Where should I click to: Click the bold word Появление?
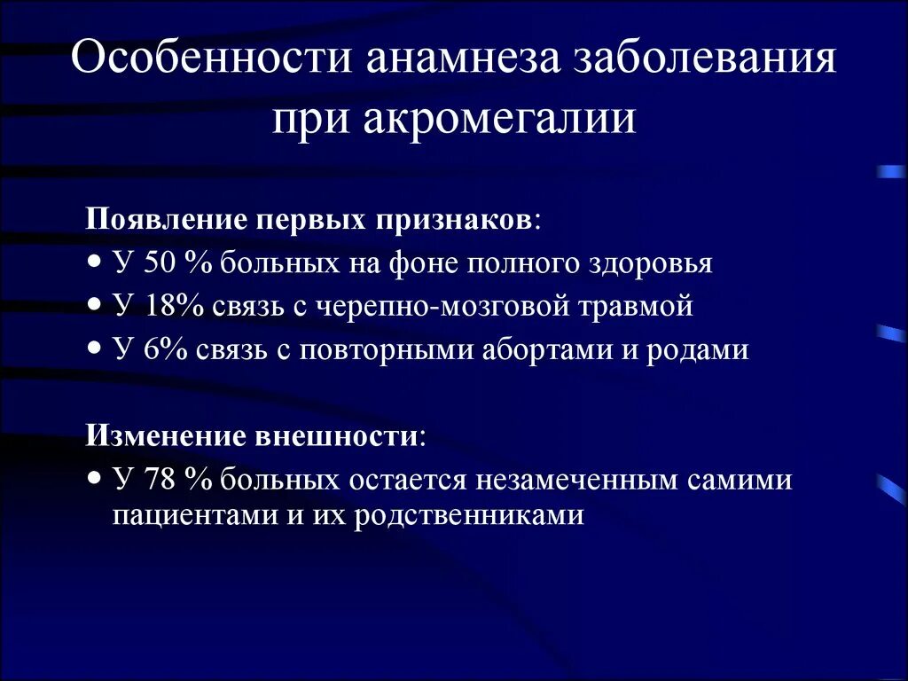click(x=166, y=219)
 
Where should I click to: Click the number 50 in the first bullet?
click(x=157, y=263)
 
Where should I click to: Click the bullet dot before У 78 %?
click(x=95, y=478)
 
